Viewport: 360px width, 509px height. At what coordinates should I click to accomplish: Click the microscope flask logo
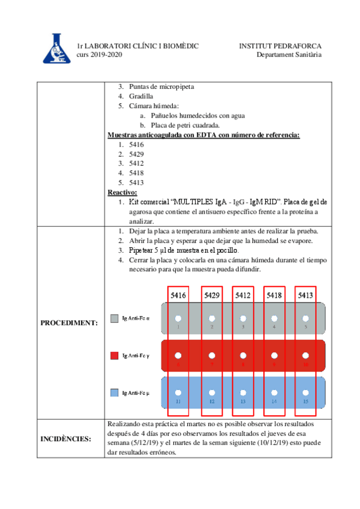(x=56, y=48)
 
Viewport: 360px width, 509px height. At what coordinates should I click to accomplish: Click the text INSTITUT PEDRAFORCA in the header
(x=280, y=46)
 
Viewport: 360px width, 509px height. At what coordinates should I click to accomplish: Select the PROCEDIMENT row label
(x=68, y=323)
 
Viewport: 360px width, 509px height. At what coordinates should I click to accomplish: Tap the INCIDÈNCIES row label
(x=66, y=439)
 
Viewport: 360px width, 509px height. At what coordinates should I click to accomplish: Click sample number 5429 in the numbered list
(x=136, y=154)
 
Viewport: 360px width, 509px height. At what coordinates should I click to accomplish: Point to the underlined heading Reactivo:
(x=122, y=192)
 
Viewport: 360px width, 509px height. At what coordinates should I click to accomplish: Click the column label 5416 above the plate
(x=178, y=295)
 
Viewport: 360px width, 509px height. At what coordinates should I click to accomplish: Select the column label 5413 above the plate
(x=305, y=295)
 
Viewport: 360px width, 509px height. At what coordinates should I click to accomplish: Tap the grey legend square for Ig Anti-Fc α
(x=115, y=318)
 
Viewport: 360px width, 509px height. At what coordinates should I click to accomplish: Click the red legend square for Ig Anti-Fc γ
(x=115, y=356)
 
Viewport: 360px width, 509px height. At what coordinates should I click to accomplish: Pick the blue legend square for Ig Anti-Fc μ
(x=115, y=393)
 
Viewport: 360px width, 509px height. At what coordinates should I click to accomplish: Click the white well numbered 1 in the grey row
(x=178, y=318)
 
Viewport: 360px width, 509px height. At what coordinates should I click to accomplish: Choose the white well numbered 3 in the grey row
(x=242, y=318)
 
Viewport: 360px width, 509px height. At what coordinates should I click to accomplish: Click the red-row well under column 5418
(x=274, y=355)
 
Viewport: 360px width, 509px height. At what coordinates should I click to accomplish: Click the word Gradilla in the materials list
(x=140, y=96)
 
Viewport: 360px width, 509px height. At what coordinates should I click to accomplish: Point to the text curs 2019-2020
(x=99, y=55)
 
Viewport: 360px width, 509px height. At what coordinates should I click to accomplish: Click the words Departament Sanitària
(x=289, y=55)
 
